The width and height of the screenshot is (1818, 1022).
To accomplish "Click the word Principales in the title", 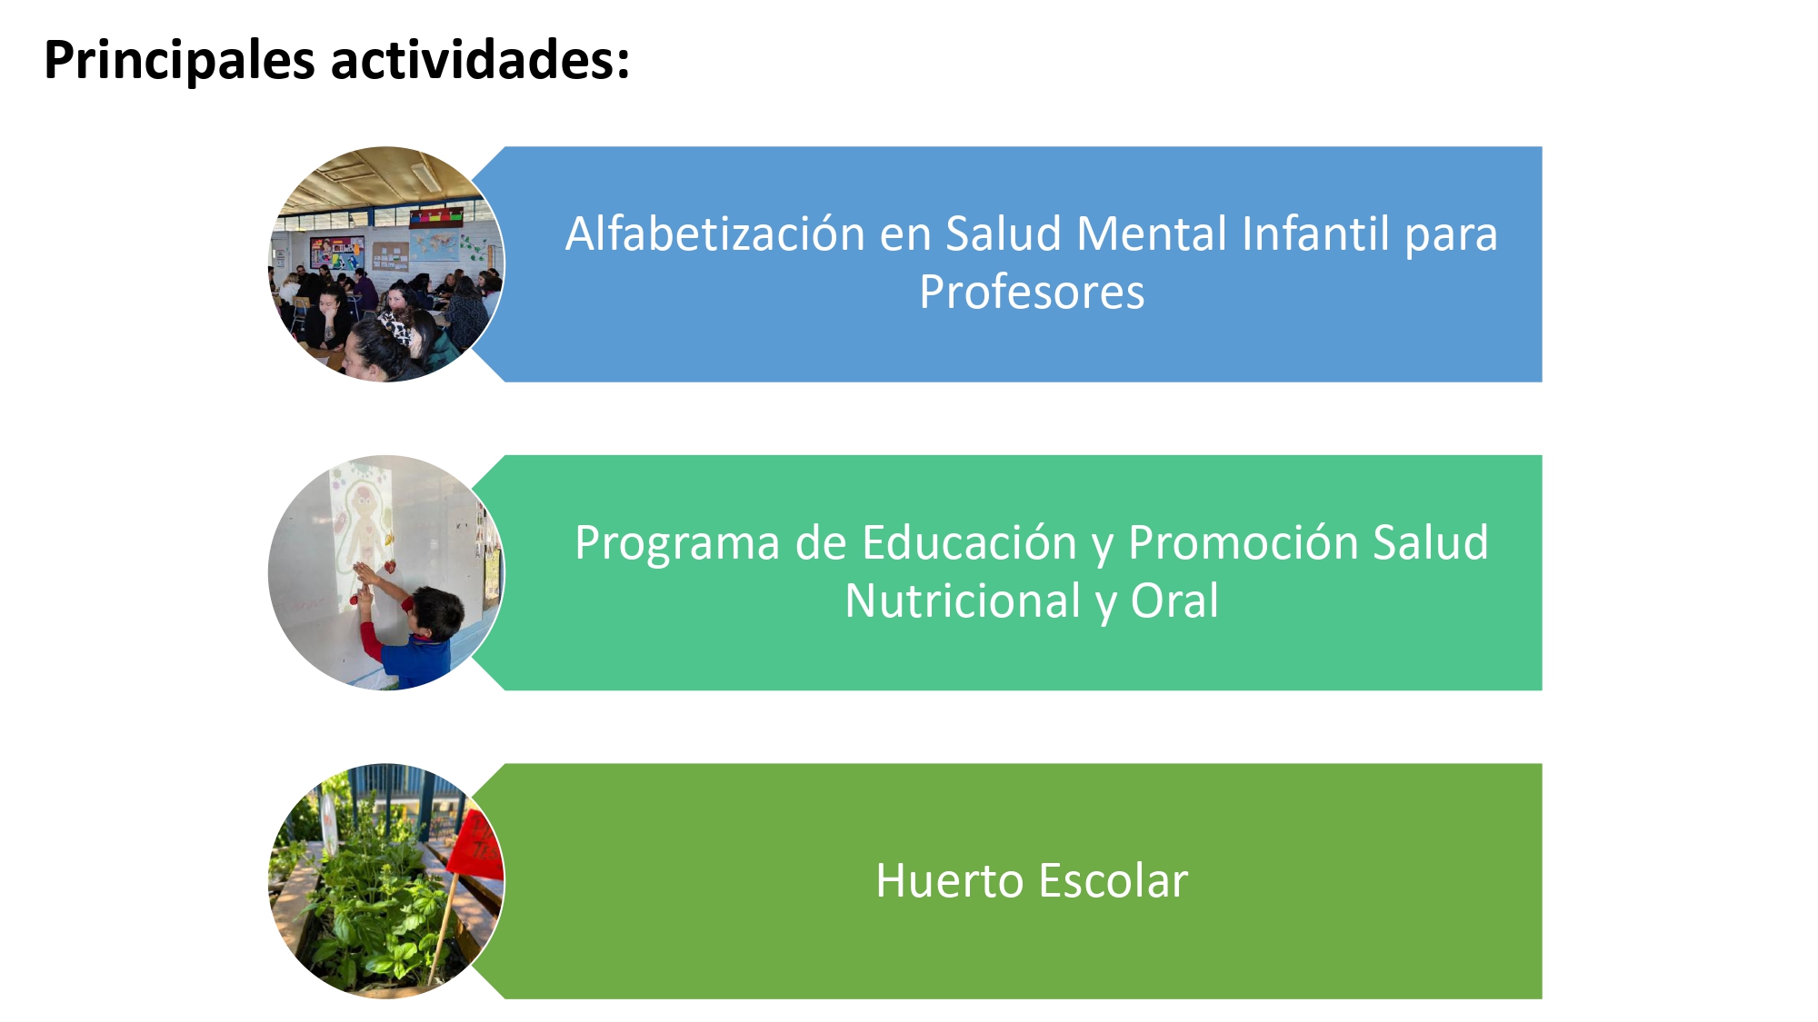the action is pos(179,61).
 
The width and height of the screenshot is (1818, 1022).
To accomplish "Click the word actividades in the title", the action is pos(479,60).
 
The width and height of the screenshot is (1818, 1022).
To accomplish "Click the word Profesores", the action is pos(1032,293).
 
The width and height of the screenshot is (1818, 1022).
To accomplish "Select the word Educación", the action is pos(970,542).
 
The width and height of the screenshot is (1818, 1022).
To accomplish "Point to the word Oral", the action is pos(1174,601).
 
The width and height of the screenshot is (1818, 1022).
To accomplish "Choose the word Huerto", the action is pos(950,880).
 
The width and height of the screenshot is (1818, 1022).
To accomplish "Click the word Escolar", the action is pos(1114,880).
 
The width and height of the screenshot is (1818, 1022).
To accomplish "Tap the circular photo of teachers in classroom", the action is pos(386,264).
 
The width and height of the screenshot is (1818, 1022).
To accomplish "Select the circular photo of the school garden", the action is pos(386,881).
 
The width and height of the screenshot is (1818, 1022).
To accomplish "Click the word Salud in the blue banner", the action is pos(1004,233).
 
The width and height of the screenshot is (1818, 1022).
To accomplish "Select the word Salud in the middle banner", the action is pos(1431,542).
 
